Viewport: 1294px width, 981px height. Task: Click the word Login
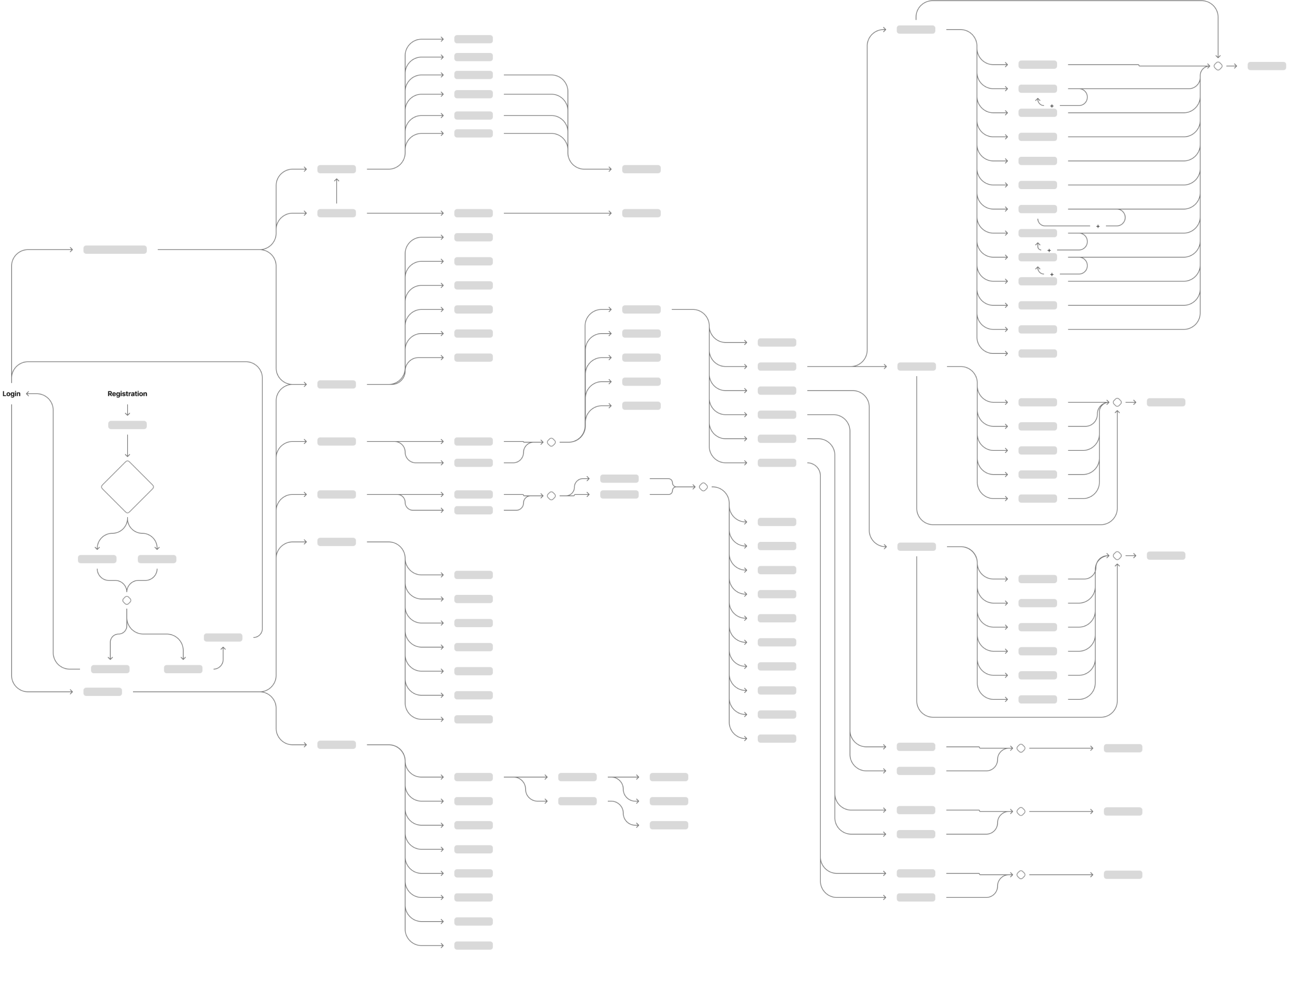(x=11, y=394)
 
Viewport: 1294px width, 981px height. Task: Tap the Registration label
(x=127, y=394)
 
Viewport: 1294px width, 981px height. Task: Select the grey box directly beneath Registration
(x=127, y=425)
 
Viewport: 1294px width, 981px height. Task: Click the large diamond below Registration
(x=127, y=487)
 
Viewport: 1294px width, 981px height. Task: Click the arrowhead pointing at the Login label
(x=27, y=394)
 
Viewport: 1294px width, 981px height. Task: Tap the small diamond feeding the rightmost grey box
(x=1218, y=67)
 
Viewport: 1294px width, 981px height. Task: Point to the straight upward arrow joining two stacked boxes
(x=336, y=190)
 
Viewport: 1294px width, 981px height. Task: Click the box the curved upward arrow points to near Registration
(x=223, y=637)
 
